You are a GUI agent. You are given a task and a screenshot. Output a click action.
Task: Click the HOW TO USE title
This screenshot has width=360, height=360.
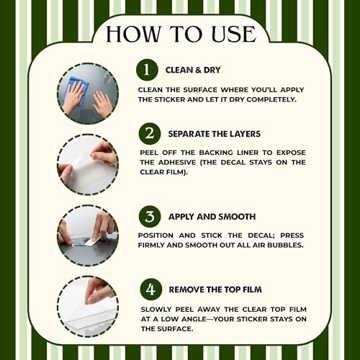(181, 34)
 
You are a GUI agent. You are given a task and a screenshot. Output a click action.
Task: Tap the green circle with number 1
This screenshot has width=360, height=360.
(147, 70)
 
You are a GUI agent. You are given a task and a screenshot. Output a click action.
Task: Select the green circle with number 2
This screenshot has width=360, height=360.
(150, 133)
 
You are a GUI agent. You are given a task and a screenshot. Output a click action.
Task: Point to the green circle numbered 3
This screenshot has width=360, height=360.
(150, 216)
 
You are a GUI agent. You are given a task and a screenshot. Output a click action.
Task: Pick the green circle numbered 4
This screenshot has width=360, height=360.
(151, 289)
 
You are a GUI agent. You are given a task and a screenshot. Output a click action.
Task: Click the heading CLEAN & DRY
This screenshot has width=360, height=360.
(193, 70)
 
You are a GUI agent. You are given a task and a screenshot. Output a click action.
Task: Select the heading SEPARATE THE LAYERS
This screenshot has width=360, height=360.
(214, 134)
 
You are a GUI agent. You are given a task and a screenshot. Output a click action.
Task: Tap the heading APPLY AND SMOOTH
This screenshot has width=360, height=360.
(212, 217)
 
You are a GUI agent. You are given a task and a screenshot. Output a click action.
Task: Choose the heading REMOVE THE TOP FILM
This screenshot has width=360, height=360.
(215, 289)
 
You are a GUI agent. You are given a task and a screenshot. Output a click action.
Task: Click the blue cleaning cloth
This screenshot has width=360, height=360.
(78, 90)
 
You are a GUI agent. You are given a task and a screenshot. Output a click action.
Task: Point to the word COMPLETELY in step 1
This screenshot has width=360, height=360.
(271, 99)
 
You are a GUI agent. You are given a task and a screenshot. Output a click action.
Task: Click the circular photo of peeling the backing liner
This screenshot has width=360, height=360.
(88, 165)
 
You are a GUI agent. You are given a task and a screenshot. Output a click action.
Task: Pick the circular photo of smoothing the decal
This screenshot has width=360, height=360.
(88, 235)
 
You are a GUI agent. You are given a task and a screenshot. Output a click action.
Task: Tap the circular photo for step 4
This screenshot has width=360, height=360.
(88, 307)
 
